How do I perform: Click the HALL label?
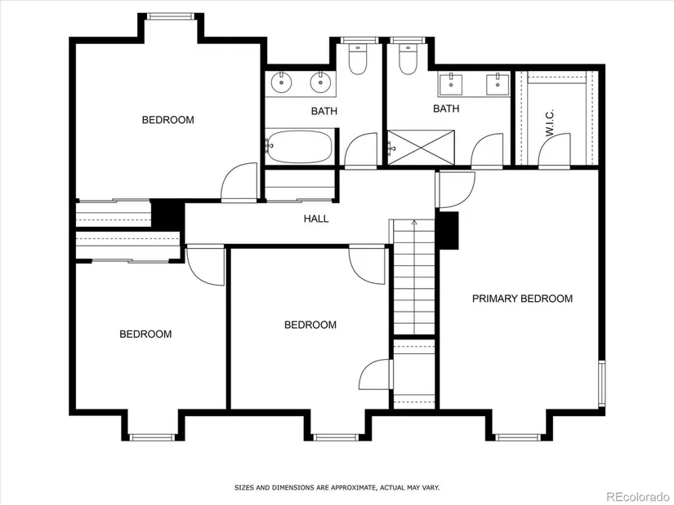point(316,219)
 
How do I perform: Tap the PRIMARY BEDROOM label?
point(522,299)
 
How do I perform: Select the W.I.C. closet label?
point(550,123)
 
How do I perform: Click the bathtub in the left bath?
point(299,146)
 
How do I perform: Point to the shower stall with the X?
point(421,148)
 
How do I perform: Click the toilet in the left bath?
point(358,59)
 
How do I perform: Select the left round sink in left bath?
point(282,82)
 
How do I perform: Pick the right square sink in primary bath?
point(498,84)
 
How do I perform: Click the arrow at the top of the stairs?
point(414,223)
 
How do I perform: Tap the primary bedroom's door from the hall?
point(456,190)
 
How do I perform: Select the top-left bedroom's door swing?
point(239,182)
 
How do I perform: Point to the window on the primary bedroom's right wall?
point(602,384)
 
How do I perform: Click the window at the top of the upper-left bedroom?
point(169,16)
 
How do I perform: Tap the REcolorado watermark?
point(638,496)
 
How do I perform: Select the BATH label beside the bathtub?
point(324,111)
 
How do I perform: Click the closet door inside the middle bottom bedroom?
point(376,374)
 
